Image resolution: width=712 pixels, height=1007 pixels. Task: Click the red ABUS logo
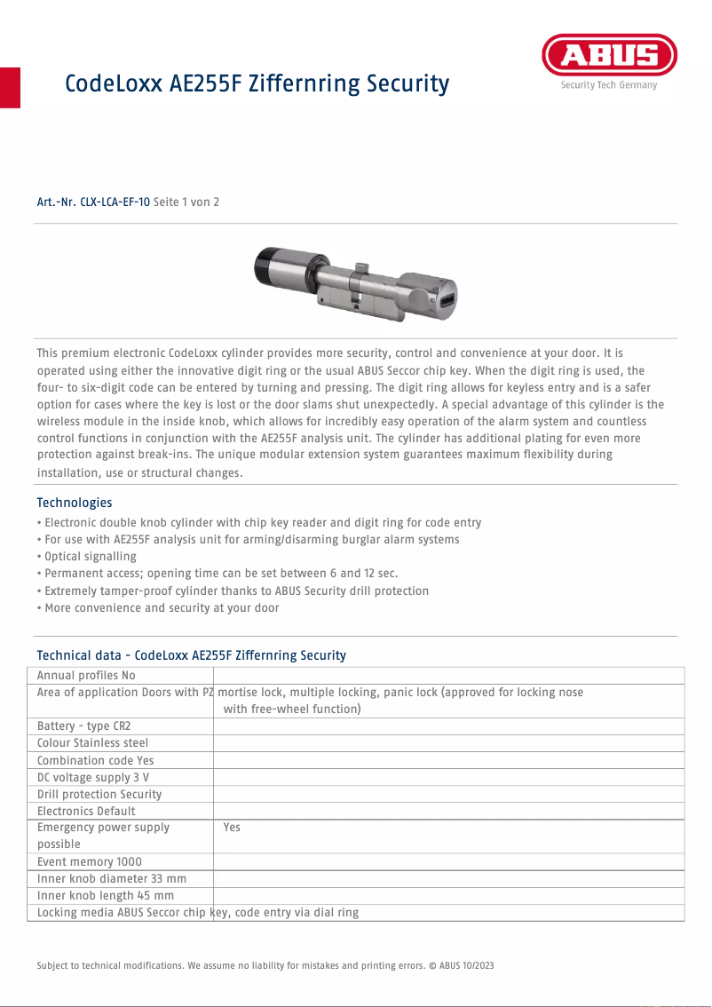609,56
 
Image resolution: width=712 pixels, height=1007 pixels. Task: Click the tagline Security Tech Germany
609,85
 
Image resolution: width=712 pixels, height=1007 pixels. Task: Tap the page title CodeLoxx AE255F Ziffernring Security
257,84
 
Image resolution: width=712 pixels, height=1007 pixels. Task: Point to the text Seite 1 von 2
186,202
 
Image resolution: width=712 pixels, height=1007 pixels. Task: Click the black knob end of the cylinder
265,266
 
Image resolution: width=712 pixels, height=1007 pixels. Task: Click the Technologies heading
75,503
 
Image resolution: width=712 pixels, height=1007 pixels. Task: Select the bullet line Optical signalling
89,557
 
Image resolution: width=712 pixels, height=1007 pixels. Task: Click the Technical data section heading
191,655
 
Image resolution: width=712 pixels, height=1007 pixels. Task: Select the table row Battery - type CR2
83,726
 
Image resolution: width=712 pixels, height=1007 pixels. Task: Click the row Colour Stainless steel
92,743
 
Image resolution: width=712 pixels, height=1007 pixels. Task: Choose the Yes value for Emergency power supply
232,828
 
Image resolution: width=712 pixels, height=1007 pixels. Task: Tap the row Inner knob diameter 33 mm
111,879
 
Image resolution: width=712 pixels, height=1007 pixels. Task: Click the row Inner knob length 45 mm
105,896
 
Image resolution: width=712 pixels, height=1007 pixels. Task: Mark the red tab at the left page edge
10,87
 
